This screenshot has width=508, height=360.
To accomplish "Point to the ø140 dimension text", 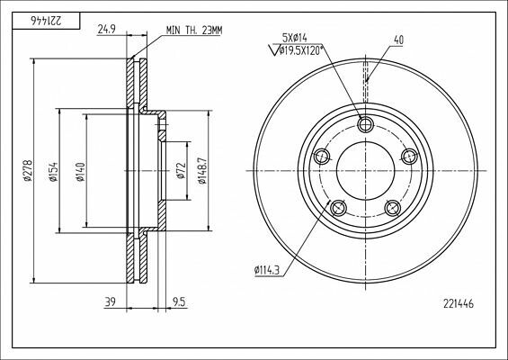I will tap(80, 171).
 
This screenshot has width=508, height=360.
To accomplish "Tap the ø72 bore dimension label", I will tap(181, 171).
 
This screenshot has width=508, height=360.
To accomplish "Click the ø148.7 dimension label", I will tap(205, 171).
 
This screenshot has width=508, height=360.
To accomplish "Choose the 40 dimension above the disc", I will tap(398, 39).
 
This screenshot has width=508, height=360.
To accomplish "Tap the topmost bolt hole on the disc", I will tap(365, 123).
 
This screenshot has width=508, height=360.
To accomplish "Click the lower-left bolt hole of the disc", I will tap(338, 209).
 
